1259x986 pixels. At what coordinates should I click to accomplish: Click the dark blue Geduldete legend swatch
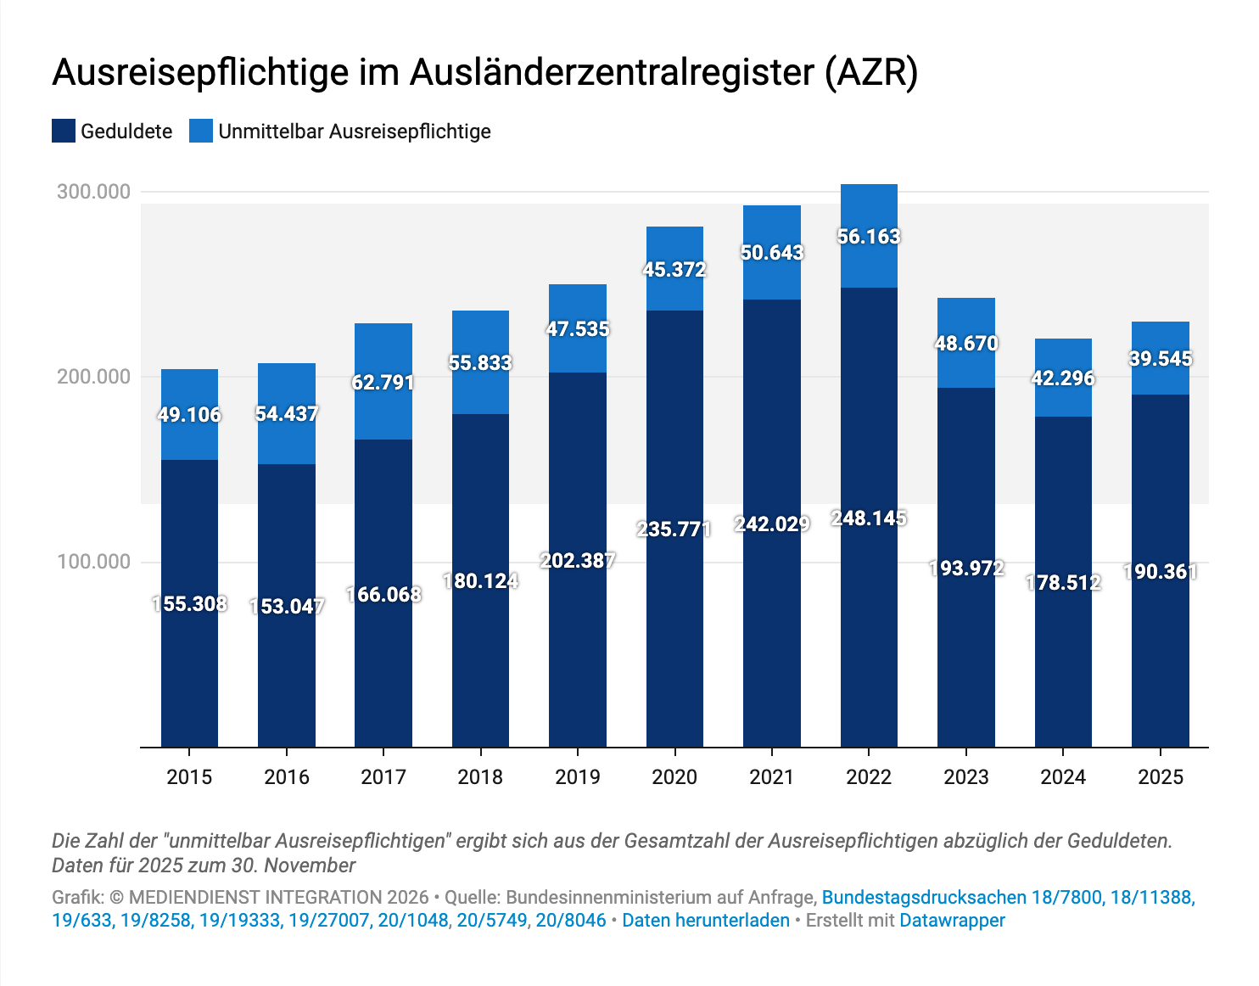click(x=64, y=132)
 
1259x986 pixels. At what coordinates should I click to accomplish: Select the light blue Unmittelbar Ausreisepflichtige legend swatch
click(x=201, y=132)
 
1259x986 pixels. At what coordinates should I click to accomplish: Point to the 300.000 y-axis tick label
click(x=94, y=192)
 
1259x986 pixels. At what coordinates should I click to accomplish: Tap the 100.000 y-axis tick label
click(x=94, y=562)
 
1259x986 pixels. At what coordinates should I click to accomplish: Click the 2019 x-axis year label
click(x=578, y=777)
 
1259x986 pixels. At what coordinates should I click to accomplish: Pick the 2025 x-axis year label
click(x=1160, y=777)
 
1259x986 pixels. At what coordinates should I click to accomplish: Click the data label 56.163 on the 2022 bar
click(x=869, y=237)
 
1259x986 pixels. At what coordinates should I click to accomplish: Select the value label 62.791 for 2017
click(x=383, y=383)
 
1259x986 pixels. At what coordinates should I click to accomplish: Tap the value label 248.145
click(x=869, y=518)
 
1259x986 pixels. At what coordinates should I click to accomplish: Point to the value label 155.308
click(x=190, y=604)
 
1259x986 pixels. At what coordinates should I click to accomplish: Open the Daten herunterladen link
click(x=706, y=921)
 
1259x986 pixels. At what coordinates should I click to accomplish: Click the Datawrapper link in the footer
click(x=952, y=921)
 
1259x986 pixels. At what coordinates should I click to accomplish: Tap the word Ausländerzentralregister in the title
click(x=613, y=73)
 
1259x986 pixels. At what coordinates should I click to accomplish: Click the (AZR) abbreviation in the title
click(x=872, y=73)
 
